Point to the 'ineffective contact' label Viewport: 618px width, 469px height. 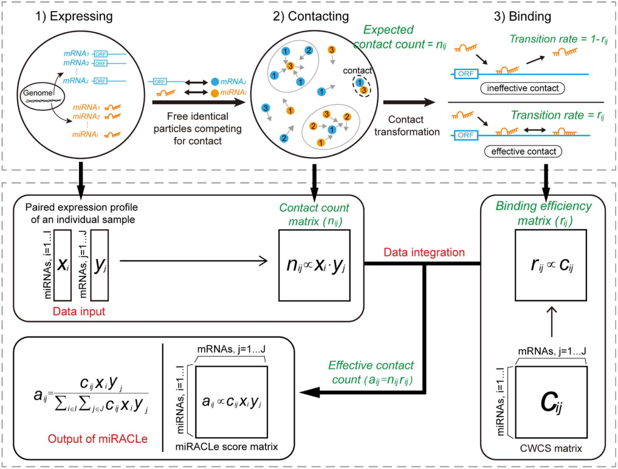523,89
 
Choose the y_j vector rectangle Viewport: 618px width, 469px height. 98,263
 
